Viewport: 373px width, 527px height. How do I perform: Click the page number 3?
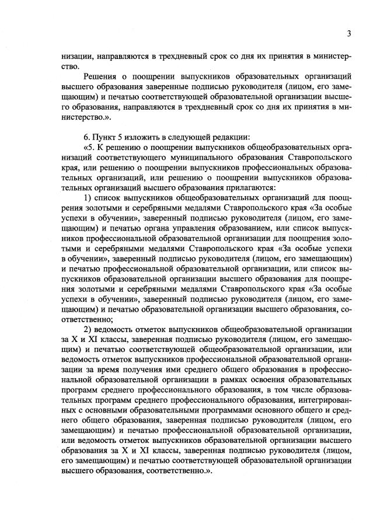pos(348,33)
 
